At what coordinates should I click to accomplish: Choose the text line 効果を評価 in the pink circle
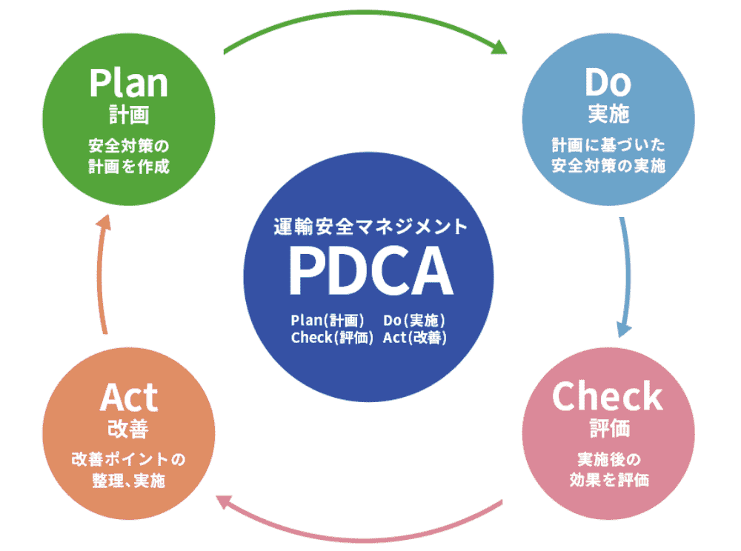[608, 480]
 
